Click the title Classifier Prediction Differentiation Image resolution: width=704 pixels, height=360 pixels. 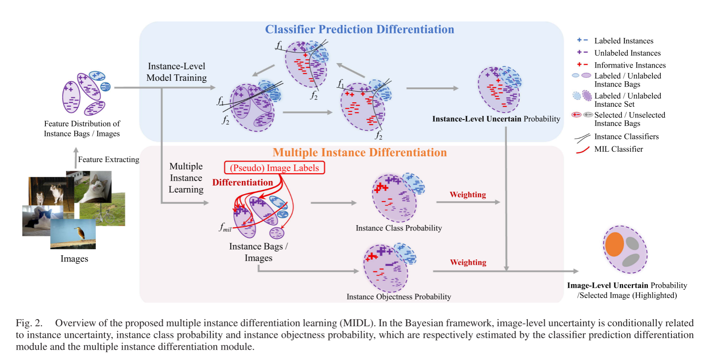[359, 29]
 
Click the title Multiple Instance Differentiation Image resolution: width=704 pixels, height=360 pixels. [359, 153]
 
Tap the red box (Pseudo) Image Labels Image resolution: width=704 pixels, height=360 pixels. [274, 168]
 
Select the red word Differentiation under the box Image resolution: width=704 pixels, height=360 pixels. [243, 182]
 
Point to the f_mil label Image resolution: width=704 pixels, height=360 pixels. [225, 227]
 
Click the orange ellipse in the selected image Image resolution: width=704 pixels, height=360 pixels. [614, 244]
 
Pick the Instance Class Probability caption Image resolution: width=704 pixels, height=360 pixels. [398, 228]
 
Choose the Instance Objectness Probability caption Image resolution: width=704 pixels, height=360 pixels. [398, 296]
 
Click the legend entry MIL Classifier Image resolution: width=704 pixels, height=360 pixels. [618, 149]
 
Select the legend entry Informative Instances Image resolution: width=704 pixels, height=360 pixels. [629, 65]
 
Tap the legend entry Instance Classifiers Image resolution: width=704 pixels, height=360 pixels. [626, 136]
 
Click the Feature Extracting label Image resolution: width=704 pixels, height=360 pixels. [108, 160]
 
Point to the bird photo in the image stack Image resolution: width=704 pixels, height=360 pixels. [73, 234]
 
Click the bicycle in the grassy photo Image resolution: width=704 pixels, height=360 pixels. [103, 215]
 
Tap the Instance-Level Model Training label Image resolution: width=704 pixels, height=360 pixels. [177, 72]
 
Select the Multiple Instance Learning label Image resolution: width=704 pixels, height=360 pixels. [186, 178]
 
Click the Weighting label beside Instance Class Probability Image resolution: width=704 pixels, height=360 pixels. [468, 195]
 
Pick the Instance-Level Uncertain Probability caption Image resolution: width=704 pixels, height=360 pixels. [496, 119]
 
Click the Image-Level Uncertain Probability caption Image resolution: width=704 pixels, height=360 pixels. [626, 285]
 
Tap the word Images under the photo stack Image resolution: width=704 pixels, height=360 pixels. [74, 259]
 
